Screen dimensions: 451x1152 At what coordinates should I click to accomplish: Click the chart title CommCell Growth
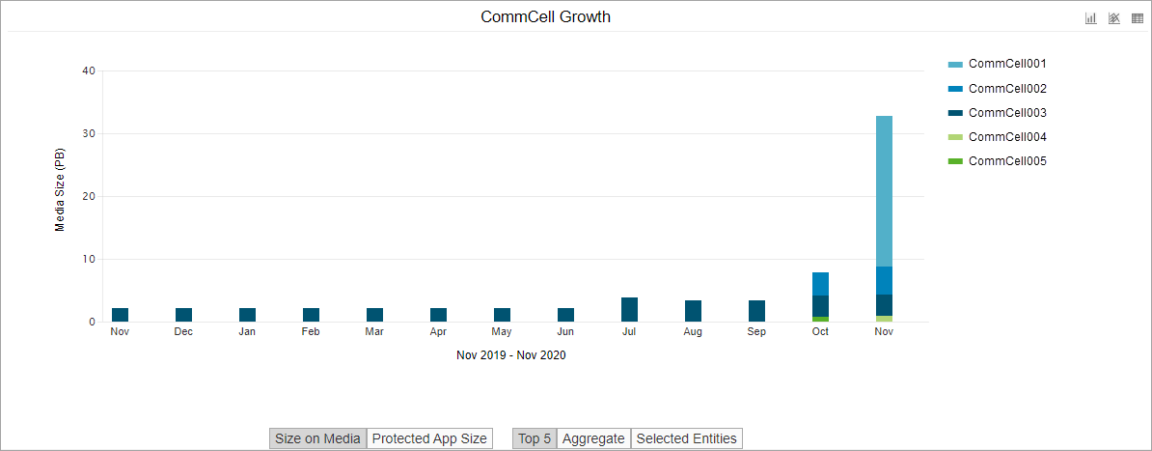[545, 17]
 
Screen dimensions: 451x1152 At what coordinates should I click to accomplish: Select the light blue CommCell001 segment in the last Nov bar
[884, 190]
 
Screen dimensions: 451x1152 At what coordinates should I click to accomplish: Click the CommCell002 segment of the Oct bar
[820, 284]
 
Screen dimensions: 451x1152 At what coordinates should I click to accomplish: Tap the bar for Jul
[629, 309]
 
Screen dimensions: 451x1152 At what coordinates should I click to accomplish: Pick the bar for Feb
[311, 315]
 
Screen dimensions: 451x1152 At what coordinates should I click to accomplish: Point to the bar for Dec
[183, 315]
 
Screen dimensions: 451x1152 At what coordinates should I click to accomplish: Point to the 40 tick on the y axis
[89, 70]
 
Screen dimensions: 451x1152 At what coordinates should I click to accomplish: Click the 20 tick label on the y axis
[89, 196]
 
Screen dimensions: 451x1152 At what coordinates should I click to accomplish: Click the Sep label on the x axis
[756, 332]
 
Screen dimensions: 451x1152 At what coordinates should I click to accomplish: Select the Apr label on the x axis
[438, 332]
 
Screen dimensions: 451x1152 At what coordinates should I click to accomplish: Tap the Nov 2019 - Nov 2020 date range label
[510, 355]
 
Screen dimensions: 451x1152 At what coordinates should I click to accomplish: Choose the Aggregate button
[593, 438]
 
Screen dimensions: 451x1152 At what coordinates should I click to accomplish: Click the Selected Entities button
[686, 438]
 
